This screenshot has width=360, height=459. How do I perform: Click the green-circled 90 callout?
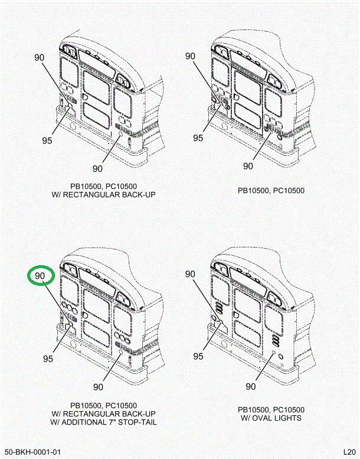click(x=40, y=276)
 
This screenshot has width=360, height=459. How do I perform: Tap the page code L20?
click(x=349, y=453)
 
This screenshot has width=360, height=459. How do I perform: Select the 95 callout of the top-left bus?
click(x=47, y=140)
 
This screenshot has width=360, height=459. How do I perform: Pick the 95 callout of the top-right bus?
click(x=198, y=138)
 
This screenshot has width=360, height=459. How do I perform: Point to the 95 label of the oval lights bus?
click(x=198, y=356)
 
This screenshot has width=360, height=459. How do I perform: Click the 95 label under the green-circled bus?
click(x=48, y=359)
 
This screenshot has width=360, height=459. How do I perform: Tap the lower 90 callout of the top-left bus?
click(x=98, y=168)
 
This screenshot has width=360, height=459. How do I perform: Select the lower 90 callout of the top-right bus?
click(x=248, y=166)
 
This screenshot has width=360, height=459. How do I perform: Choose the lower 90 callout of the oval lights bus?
click(x=250, y=386)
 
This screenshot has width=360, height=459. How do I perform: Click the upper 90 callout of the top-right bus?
click(x=190, y=57)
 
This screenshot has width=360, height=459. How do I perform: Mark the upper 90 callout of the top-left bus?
click(x=40, y=58)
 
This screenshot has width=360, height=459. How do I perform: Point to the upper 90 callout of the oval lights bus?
click(x=190, y=274)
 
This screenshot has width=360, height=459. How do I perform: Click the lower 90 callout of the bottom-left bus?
click(x=98, y=387)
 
